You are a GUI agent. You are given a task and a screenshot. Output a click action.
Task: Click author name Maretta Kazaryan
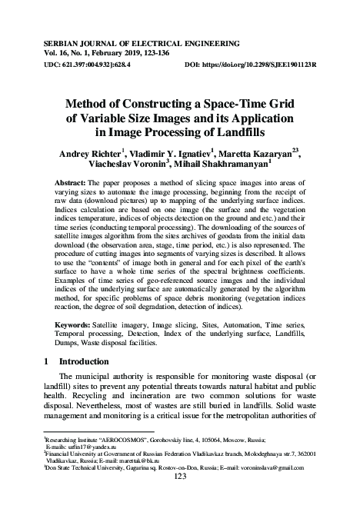[252, 154]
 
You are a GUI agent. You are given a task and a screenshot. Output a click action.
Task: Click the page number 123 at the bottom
[180, 499]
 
